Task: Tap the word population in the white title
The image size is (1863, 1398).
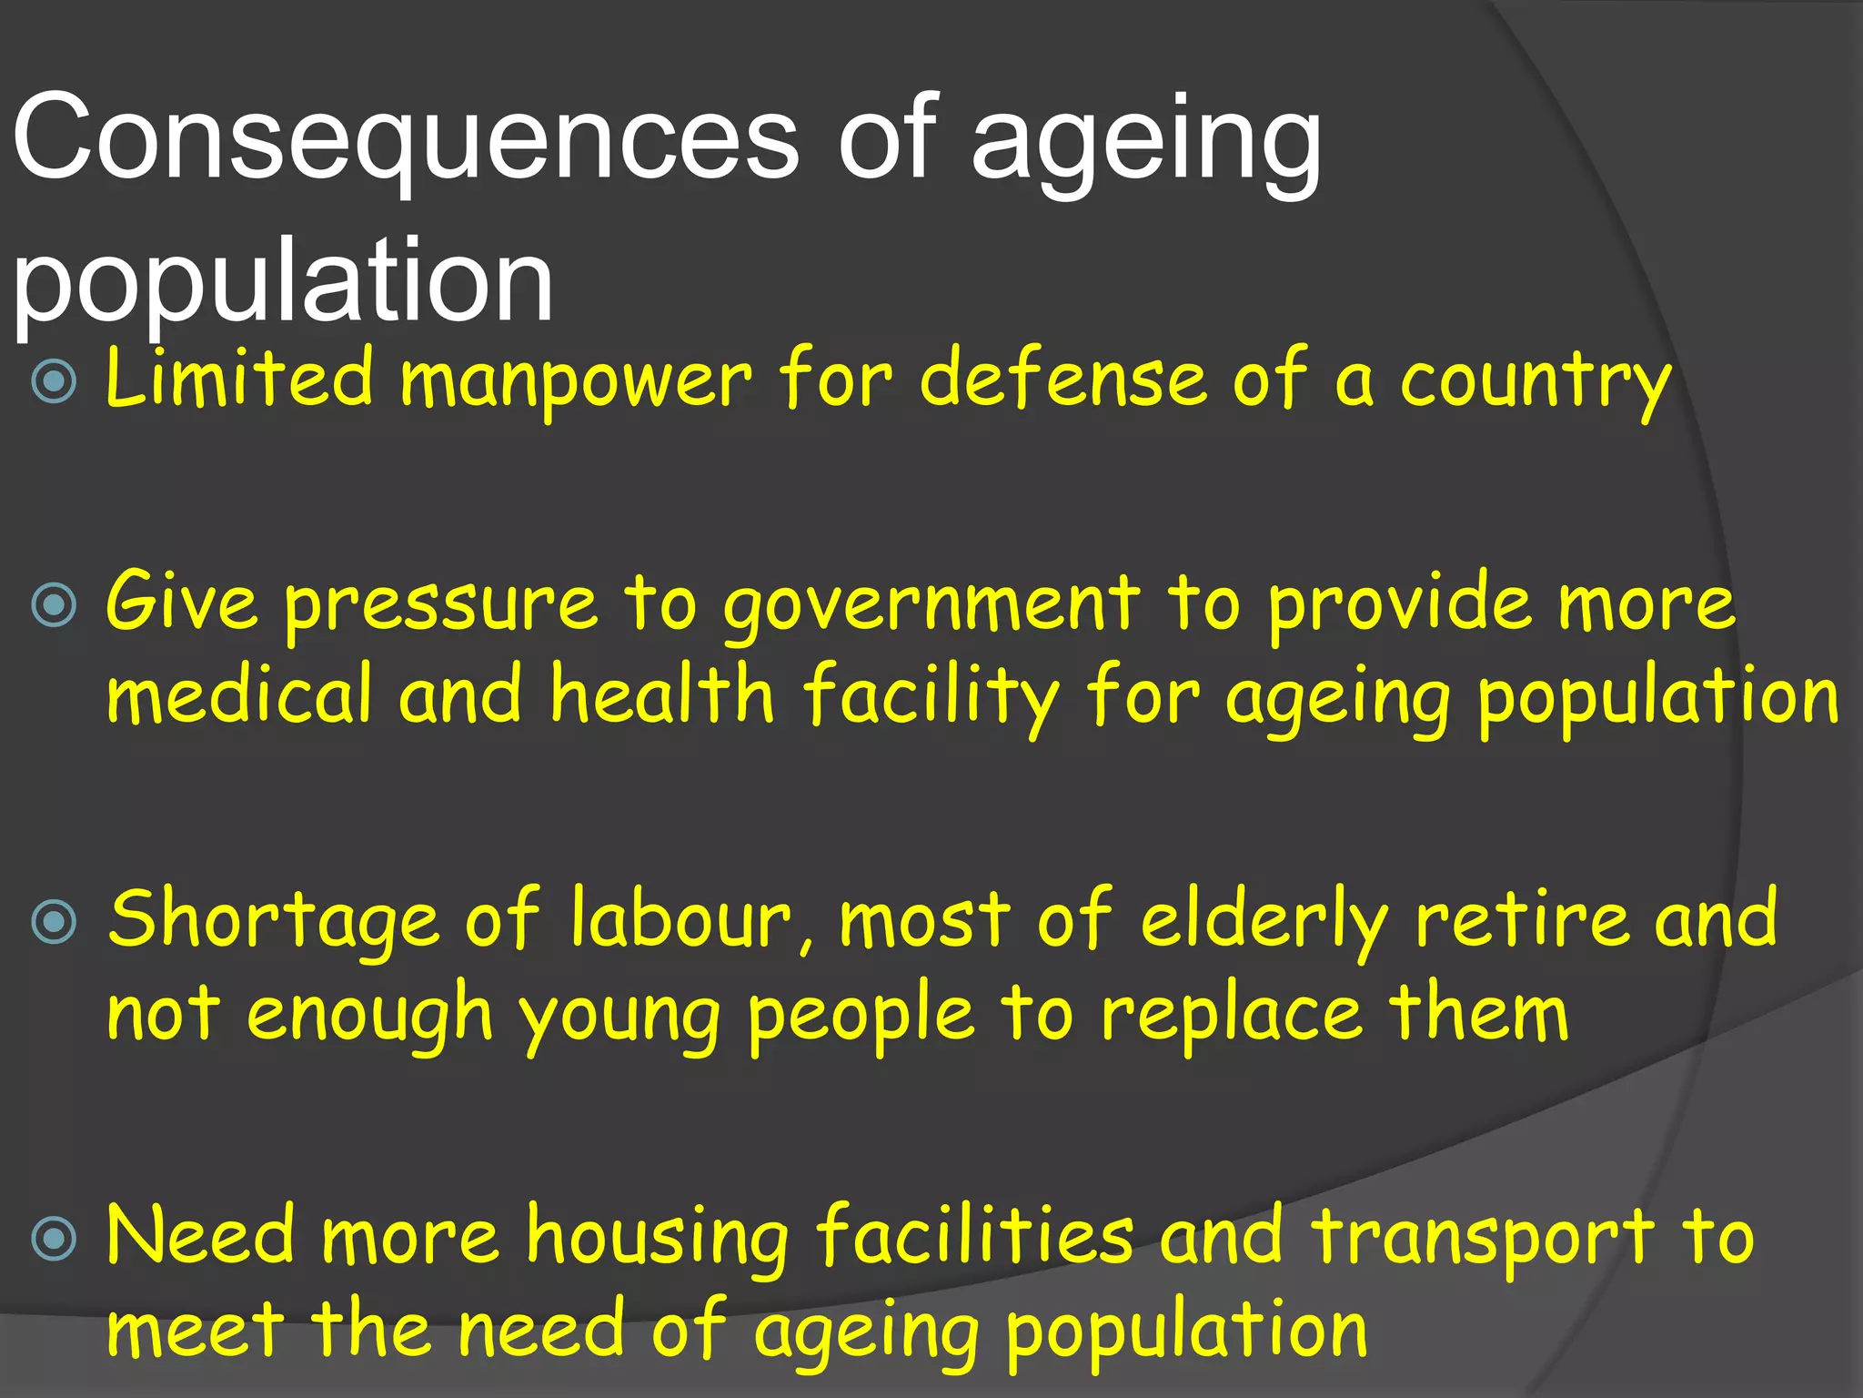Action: coord(283,280)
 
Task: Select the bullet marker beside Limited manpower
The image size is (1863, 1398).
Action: coord(55,381)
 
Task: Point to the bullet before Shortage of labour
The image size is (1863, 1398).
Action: coord(55,922)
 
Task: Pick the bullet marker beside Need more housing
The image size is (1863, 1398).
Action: coord(55,1238)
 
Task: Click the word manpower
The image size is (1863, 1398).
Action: coord(576,382)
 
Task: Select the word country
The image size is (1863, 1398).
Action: coord(1536,382)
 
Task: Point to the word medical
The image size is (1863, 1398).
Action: coord(239,695)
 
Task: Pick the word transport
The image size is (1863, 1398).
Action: coord(1482,1240)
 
